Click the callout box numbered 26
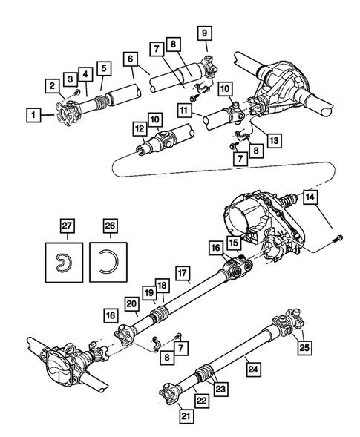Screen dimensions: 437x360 (x=111, y=226)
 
